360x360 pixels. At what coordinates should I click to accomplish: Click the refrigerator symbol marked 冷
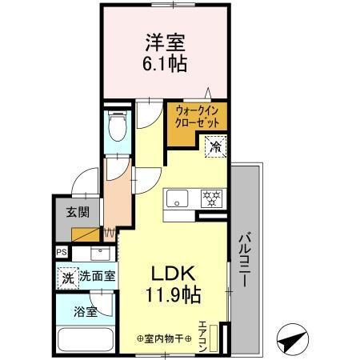click(215, 146)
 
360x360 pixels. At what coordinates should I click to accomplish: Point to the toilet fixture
click(116, 127)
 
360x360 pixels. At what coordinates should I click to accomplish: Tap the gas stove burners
click(211, 198)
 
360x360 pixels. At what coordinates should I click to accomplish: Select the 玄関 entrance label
click(77, 214)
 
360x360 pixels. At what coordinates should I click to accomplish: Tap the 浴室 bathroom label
click(86, 311)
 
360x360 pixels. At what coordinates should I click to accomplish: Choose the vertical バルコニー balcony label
click(246, 258)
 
